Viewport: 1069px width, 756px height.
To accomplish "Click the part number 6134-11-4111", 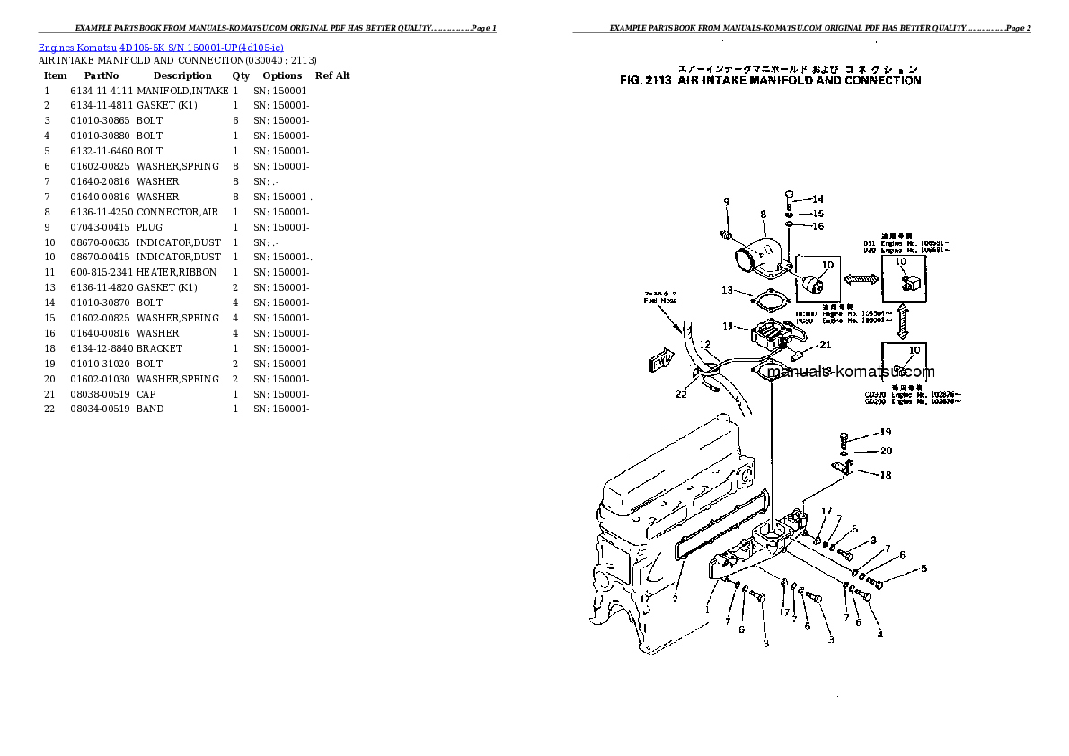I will point(101,91).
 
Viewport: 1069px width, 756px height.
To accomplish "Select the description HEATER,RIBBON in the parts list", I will point(176,272).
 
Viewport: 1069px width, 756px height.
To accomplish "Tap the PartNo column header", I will point(102,75).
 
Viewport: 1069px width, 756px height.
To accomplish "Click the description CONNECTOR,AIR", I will point(178,212).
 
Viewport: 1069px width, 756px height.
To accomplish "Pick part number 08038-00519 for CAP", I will point(101,394).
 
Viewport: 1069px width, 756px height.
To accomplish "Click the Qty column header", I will point(241,75).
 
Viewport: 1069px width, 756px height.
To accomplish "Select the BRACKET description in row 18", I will point(159,348).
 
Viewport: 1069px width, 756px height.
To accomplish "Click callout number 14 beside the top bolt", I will point(817,198).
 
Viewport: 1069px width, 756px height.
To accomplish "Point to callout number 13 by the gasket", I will point(727,290).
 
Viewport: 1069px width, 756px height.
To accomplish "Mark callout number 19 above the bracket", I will point(885,433).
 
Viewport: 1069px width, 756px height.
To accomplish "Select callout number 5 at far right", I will point(923,568).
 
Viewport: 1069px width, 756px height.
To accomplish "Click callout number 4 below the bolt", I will point(879,634).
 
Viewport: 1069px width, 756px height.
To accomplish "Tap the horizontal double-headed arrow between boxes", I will point(860,280).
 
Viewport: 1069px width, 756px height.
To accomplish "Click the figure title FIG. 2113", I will point(770,81).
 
